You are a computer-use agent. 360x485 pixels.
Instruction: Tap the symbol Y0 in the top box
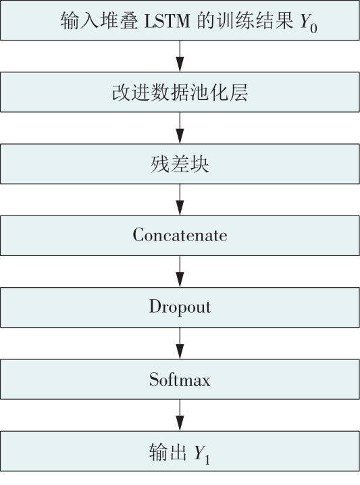(309, 23)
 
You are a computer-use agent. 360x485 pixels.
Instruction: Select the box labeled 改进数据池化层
(180, 92)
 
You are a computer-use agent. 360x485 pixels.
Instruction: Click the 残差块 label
(180, 164)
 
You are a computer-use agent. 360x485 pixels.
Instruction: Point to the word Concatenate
(180, 235)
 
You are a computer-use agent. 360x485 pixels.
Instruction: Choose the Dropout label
(180, 307)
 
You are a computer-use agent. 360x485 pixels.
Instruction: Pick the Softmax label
(180, 379)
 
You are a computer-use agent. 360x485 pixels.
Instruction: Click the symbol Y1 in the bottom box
(202, 455)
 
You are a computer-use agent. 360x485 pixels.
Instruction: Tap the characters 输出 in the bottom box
(168, 452)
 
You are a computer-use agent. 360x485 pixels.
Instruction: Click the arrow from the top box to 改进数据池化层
(180, 56)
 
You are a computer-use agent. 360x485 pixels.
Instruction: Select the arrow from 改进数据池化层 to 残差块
(180, 128)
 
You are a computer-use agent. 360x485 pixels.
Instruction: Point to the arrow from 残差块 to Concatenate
(180, 200)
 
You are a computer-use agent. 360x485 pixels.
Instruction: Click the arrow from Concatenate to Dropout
(180, 272)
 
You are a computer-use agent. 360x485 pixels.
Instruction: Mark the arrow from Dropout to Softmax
(180, 343)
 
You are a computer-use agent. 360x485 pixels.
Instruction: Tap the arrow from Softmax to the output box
(180, 415)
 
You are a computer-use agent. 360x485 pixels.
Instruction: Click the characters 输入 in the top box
(80, 21)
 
